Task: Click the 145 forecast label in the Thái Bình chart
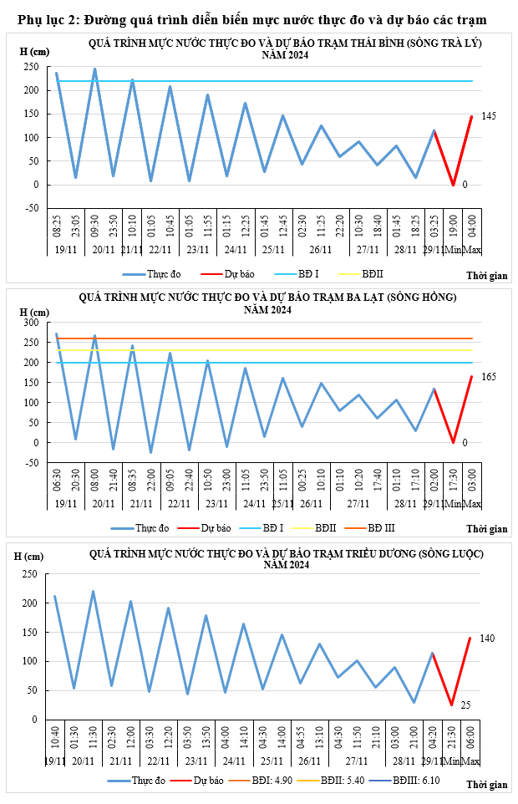[x=489, y=116]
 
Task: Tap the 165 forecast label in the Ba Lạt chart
[x=489, y=377]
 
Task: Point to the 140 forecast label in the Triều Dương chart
[x=488, y=639]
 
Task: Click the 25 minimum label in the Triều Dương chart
[x=466, y=705]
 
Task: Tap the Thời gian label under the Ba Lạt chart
[x=486, y=528]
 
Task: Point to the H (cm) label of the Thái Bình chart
[x=34, y=52]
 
